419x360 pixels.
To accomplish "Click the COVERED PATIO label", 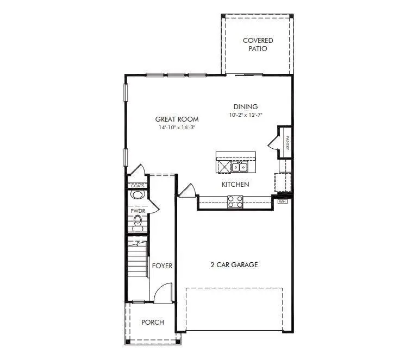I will pyautogui.click(x=258, y=45).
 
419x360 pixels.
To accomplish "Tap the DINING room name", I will pyautogui.click(x=246, y=107).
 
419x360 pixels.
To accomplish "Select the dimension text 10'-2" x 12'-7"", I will pyautogui.click(x=246, y=116).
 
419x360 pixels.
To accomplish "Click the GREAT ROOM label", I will pyautogui.click(x=177, y=119).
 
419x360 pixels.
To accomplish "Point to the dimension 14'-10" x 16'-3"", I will pyautogui.click(x=177, y=128).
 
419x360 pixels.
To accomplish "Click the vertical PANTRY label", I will pyautogui.click(x=287, y=142).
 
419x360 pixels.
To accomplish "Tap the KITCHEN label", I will pyautogui.click(x=235, y=185).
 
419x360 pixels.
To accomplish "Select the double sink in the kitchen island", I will pyautogui.click(x=240, y=166).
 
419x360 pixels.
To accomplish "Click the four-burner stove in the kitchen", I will pyautogui.click(x=235, y=201).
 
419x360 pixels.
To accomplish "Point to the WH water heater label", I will pyautogui.click(x=282, y=201).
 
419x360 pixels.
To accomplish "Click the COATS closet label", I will pyautogui.click(x=137, y=186).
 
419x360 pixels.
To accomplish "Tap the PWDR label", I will pyautogui.click(x=136, y=211).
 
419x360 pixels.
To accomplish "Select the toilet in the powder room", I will pyautogui.click(x=137, y=222).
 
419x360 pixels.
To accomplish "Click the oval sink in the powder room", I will pyautogui.click(x=137, y=195).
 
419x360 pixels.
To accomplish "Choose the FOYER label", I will pyautogui.click(x=162, y=266).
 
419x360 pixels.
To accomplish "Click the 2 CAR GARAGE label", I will pyautogui.click(x=234, y=265).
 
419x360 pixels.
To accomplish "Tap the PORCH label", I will pyautogui.click(x=153, y=322).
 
